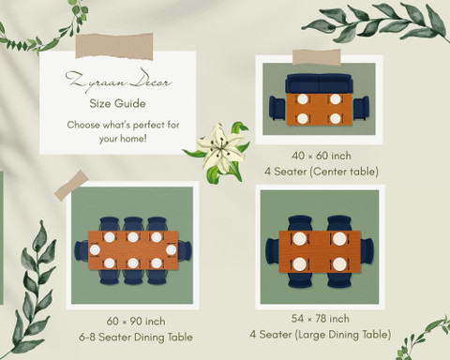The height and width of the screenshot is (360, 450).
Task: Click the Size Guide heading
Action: (x=117, y=103)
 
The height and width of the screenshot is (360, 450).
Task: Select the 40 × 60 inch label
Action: (x=322, y=156)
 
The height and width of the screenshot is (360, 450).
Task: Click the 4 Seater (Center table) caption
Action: (x=322, y=172)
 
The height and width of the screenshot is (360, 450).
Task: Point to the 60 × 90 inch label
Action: (x=136, y=322)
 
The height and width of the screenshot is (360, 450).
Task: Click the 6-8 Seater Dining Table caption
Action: (x=136, y=337)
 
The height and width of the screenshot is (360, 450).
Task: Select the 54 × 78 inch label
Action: (x=321, y=319)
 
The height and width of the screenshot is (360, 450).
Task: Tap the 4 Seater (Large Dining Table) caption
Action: (x=321, y=335)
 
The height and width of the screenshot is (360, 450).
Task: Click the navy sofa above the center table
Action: (x=319, y=83)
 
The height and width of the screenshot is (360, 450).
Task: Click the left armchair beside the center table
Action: (x=277, y=108)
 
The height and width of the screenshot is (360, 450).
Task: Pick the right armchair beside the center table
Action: (x=361, y=108)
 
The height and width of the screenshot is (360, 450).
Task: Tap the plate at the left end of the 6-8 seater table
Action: (x=95, y=250)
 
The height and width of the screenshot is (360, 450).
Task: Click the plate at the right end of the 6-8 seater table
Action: (x=172, y=250)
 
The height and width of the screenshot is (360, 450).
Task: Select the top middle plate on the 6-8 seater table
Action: (x=133, y=237)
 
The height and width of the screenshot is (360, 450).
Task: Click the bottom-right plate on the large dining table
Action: (x=339, y=264)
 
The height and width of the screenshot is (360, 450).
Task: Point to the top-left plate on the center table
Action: (x=303, y=99)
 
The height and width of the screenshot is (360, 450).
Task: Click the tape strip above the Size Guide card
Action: (x=114, y=46)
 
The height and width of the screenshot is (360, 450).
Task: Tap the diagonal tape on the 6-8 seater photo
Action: (x=71, y=186)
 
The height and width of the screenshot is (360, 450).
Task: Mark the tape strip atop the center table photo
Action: (x=317, y=57)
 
